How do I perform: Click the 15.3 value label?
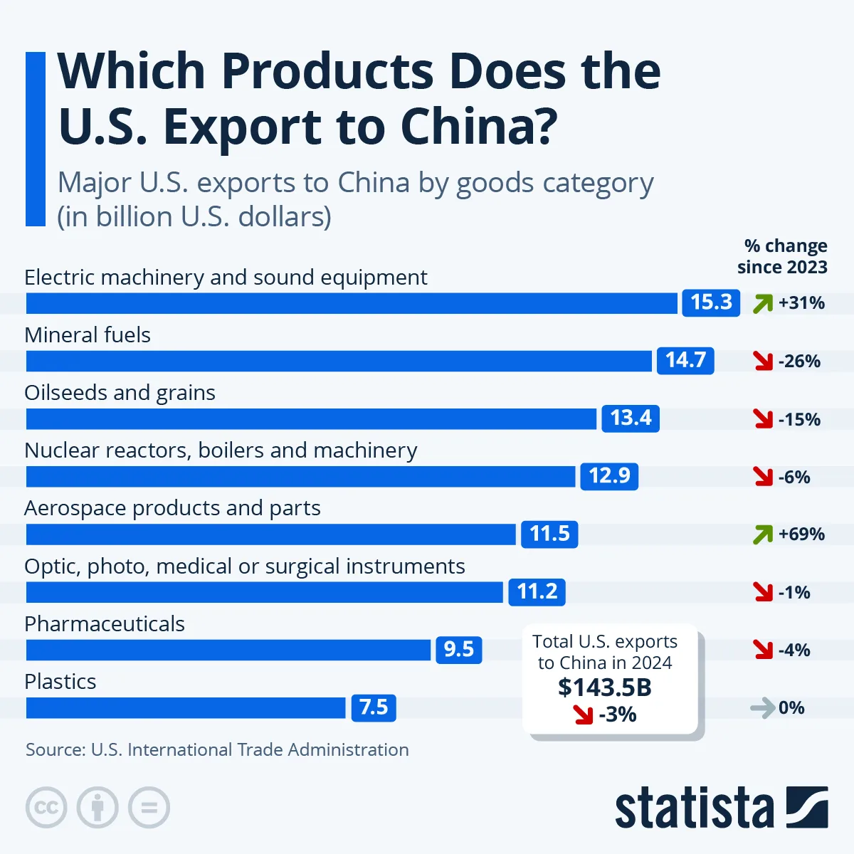(711, 302)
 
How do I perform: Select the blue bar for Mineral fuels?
(339, 361)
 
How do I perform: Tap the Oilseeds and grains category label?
(120, 393)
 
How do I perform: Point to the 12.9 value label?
(609, 475)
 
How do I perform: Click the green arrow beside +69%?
(763, 534)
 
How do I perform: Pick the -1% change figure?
(794, 592)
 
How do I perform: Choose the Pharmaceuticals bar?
(228, 650)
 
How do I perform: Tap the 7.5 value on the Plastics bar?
(374, 707)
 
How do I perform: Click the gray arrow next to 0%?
(762, 708)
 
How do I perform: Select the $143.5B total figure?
(605, 687)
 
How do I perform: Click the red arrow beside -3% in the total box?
(583, 715)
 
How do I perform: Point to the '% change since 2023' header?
(783, 256)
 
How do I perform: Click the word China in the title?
(478, 127)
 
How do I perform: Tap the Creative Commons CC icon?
(46, 808)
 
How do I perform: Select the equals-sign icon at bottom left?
(149, 808)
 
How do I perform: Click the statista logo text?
(694, 808)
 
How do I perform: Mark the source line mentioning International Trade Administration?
(217, 749)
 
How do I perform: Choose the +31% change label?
(801, 303)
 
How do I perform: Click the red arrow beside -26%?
(763, 362)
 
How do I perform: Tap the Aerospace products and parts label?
(172, 508)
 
